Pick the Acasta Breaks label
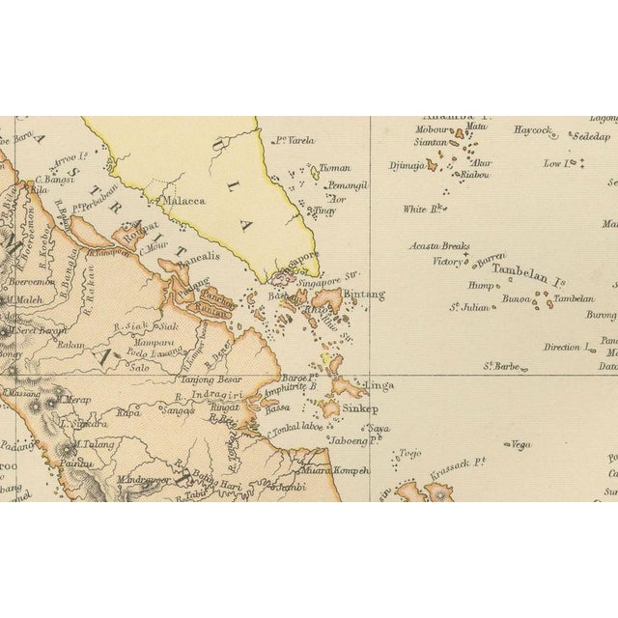pos(439,246)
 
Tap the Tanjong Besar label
pos(209,379)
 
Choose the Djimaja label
pos(407,165)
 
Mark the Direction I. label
pos(567,347)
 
